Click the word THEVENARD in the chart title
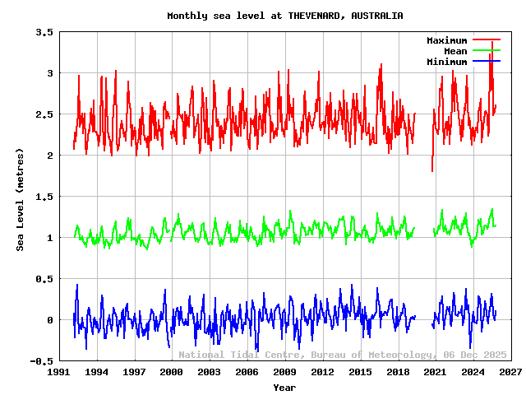coord(316,16)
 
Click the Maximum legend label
coord(446,40)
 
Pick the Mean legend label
coord(454,51)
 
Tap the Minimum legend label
coord(446,62)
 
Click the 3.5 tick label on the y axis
coord(44,32)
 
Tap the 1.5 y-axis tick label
coord(44,197)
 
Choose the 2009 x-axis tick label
coord(285,373)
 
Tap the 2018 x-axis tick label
coord(398,373)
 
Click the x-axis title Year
coord(284,387)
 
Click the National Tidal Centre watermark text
coord(342,355)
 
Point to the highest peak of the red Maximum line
coord(491,41)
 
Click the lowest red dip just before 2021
coord(432,171)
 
